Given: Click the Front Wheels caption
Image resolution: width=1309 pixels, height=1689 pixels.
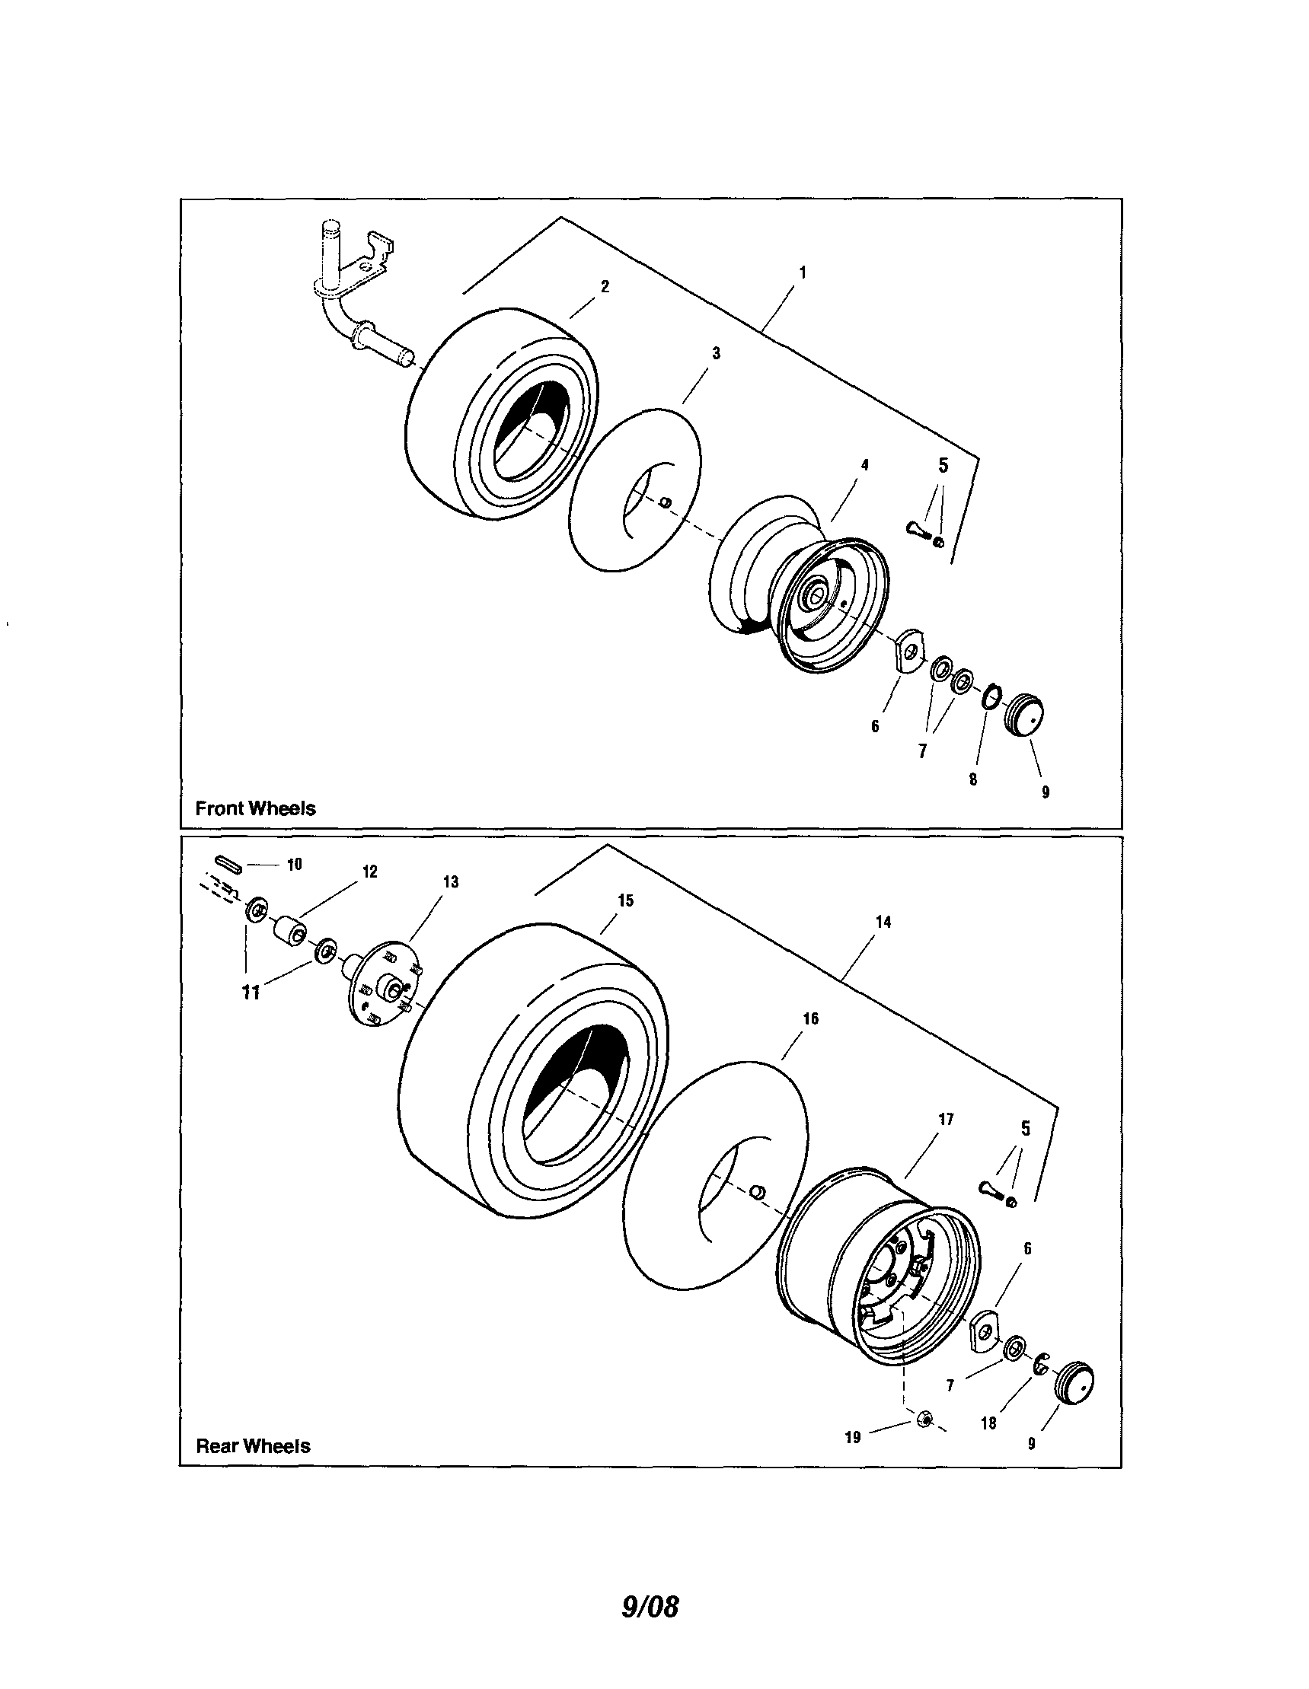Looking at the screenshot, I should (255, 808).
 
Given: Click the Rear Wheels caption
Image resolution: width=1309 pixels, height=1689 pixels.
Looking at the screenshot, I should (253, 1446).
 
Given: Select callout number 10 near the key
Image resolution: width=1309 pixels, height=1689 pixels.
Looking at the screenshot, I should (295, 865).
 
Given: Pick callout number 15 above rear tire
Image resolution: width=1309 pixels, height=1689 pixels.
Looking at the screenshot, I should (626, 900).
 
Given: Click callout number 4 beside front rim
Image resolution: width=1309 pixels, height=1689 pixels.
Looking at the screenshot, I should (864, 465).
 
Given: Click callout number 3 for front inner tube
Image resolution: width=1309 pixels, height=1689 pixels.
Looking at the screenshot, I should (716, 353).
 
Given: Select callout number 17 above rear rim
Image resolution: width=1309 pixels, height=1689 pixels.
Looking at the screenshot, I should (947, 1119).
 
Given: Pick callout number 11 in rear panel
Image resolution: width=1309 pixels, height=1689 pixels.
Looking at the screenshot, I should (251, 993).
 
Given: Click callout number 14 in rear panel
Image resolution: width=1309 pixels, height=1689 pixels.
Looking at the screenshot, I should (883, 922).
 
